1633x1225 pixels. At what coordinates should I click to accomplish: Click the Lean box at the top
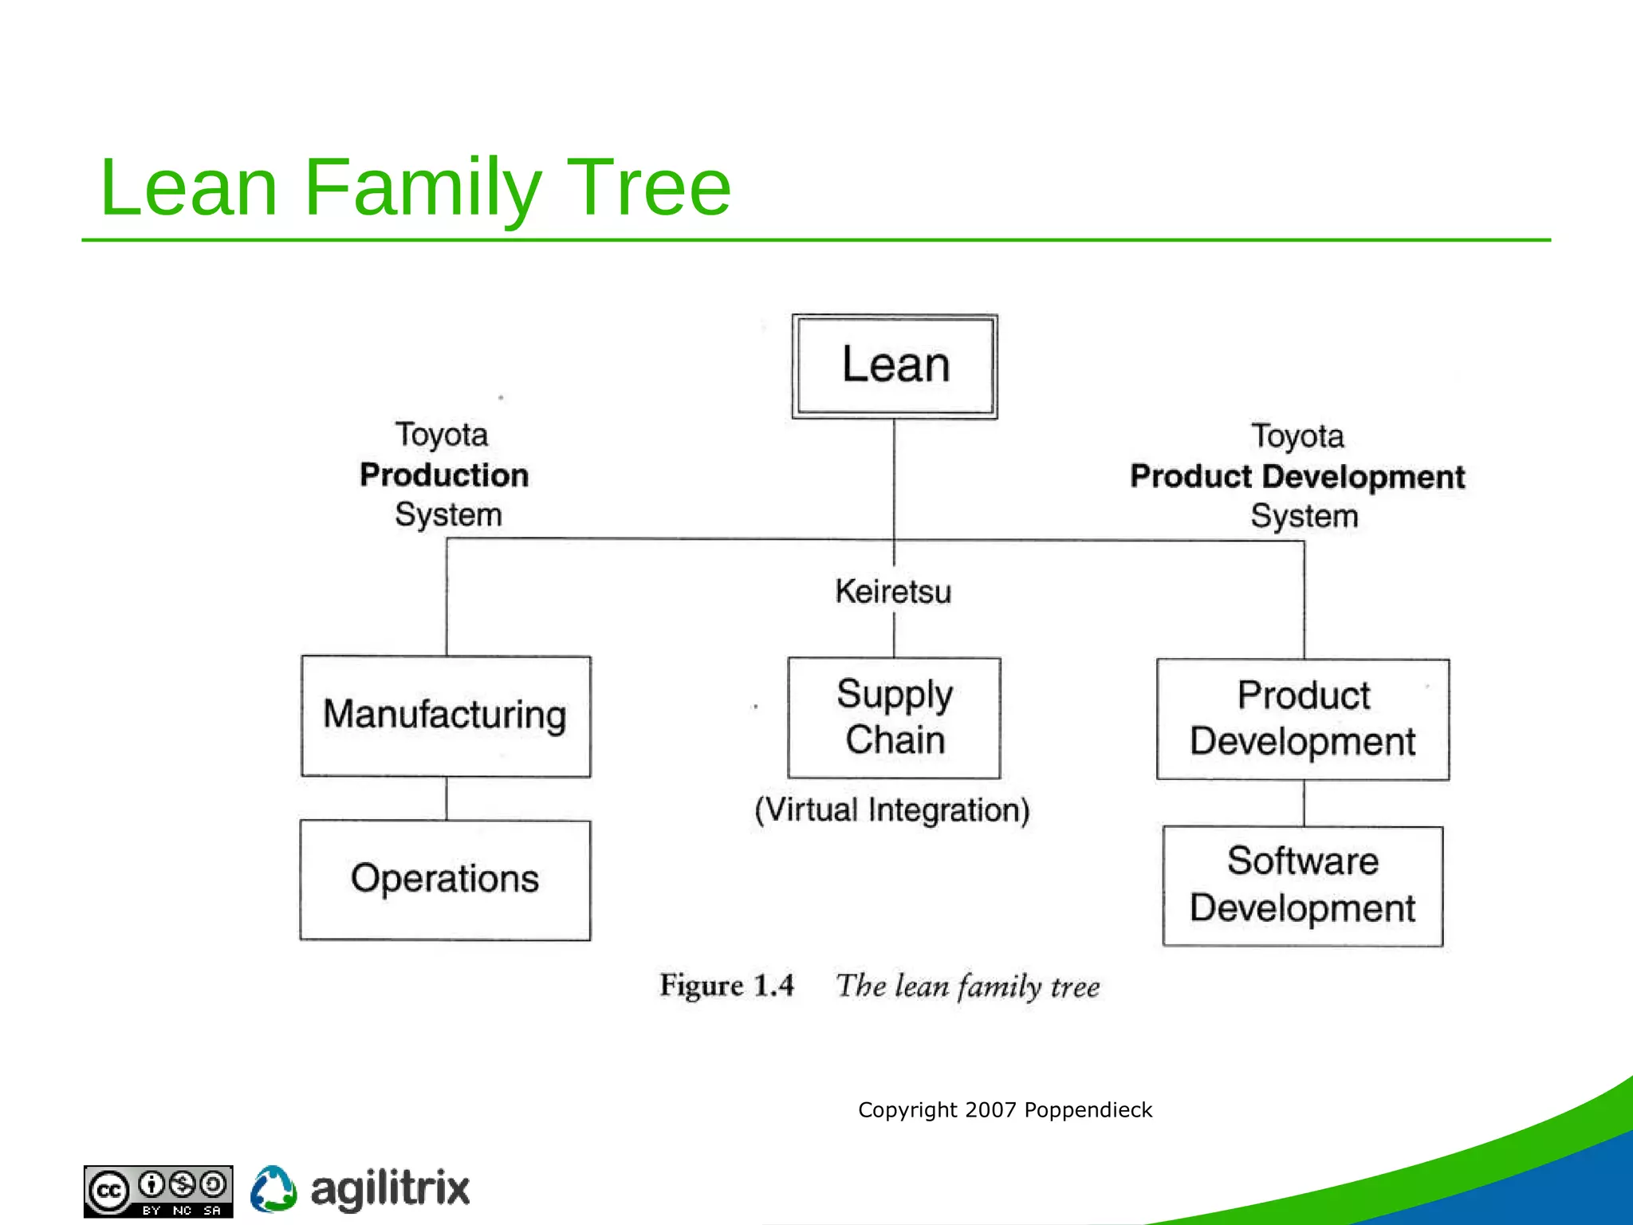coord(895,366)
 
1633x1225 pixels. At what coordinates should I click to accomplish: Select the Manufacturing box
coord(446,715)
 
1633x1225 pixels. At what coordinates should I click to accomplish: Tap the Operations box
coord(445,880)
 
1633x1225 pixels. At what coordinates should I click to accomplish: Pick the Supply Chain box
coord(894,717)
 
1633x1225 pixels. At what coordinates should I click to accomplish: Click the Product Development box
coord(1303,719)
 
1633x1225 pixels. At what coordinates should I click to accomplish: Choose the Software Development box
coord(1303,885)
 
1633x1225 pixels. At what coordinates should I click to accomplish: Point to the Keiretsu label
coord(893,592)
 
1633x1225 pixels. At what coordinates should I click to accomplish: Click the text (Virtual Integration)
coord(892,810)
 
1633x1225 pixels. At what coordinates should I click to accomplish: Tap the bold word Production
coord(444,475)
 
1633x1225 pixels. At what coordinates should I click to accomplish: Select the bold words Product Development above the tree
coord(1297,477)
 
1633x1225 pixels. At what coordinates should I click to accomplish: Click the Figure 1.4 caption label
coord(726,986)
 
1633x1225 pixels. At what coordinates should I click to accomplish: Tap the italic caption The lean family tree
coord(967,987)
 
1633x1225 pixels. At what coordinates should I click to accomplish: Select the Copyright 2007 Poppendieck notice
coord(1005,1109)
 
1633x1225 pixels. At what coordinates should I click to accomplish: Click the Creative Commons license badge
coord(159,1191)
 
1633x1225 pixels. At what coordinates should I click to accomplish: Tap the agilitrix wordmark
coord(390,1190)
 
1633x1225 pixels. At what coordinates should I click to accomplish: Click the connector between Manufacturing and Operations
coord(447,798)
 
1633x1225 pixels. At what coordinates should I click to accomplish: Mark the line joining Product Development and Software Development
coord(1304,803)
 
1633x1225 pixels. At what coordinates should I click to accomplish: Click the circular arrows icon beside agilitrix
coord(273,1189)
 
